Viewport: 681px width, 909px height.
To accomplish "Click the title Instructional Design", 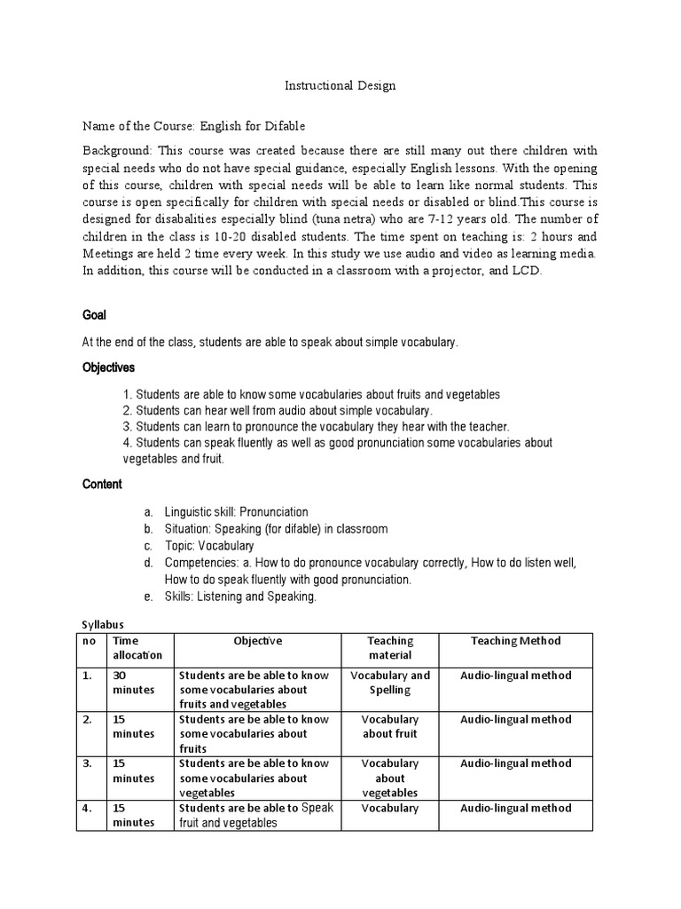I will [340, 86].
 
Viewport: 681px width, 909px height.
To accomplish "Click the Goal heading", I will [96, 314].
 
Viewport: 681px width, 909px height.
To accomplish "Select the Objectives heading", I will [109, 367].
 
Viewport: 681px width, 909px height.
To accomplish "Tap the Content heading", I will [102, 485].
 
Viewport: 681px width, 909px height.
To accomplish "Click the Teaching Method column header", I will [515, 641].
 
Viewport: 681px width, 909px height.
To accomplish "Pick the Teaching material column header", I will [390, 648].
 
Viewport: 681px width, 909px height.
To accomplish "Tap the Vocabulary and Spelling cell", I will [390, 683].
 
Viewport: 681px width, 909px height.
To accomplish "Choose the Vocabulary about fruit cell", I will [390, 726].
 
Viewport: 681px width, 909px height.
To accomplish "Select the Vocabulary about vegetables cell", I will [390, 778].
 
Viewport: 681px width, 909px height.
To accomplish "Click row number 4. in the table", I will [89, 809].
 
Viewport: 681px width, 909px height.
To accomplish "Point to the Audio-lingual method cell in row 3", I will [515, 763].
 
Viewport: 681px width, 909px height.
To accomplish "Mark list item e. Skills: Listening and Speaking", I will [239, 597].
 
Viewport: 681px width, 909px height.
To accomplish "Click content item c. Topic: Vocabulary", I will [208, 546].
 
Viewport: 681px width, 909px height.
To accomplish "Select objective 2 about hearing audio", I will [278, 411].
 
